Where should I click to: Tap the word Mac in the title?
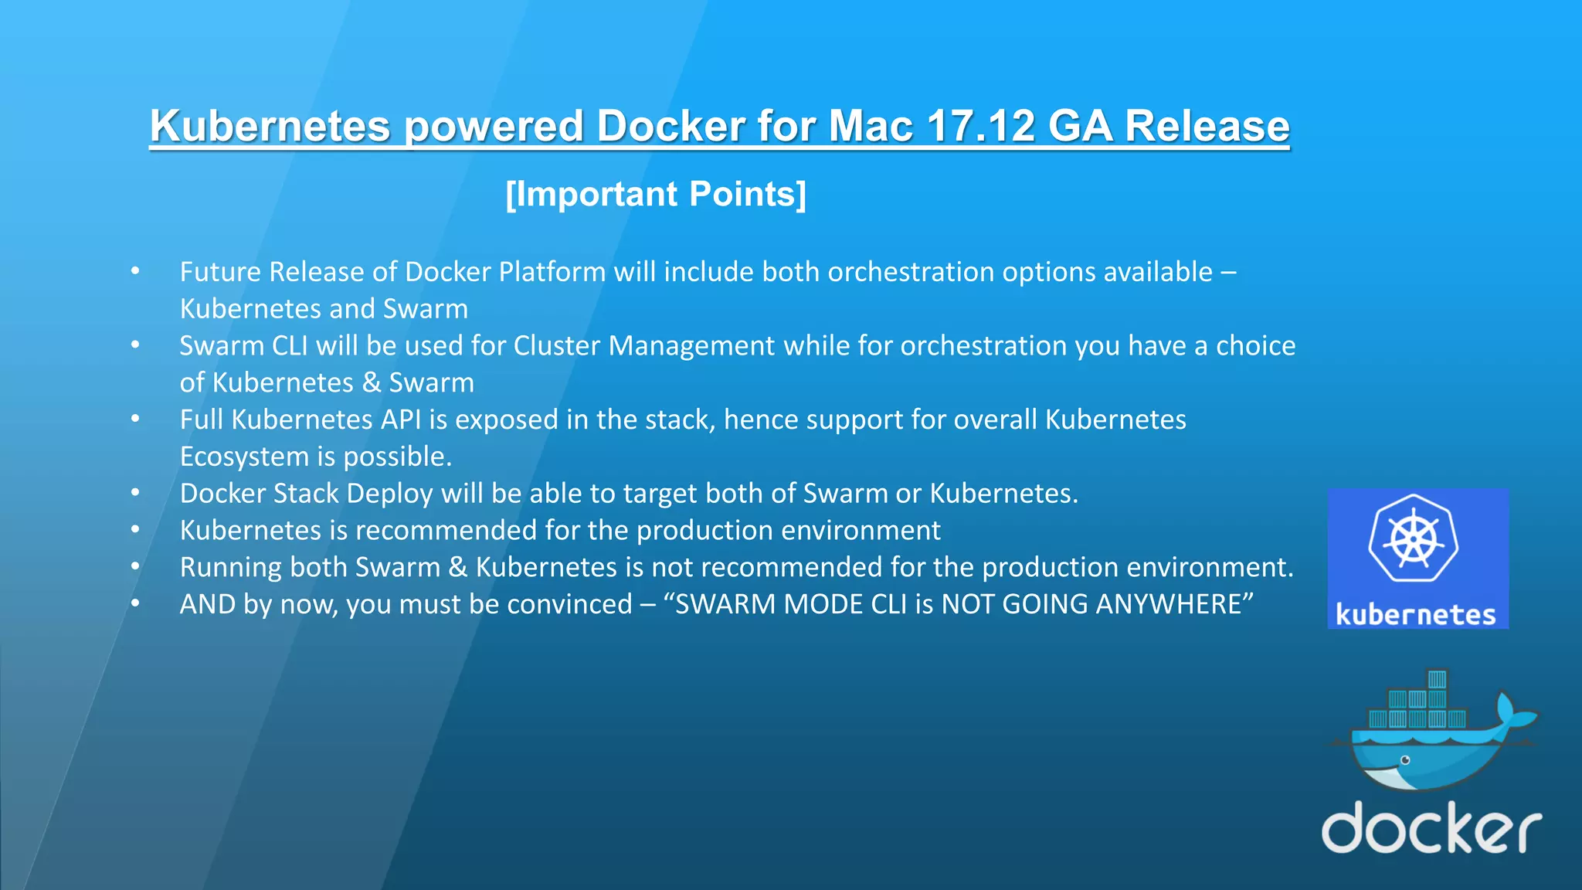pos(871,126)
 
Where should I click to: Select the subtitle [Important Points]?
pos(656,194)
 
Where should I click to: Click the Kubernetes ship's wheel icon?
pos(1414,538)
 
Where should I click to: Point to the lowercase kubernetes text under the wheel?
pos(1416,615)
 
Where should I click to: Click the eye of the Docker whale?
pos(1405,760)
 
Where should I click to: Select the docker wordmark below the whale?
pos(1431,827)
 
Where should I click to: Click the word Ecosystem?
pos(244,457)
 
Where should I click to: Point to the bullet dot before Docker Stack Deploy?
pos(135,492)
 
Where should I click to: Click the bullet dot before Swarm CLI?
pos(135,345)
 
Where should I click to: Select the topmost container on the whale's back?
pos(1437,679)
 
